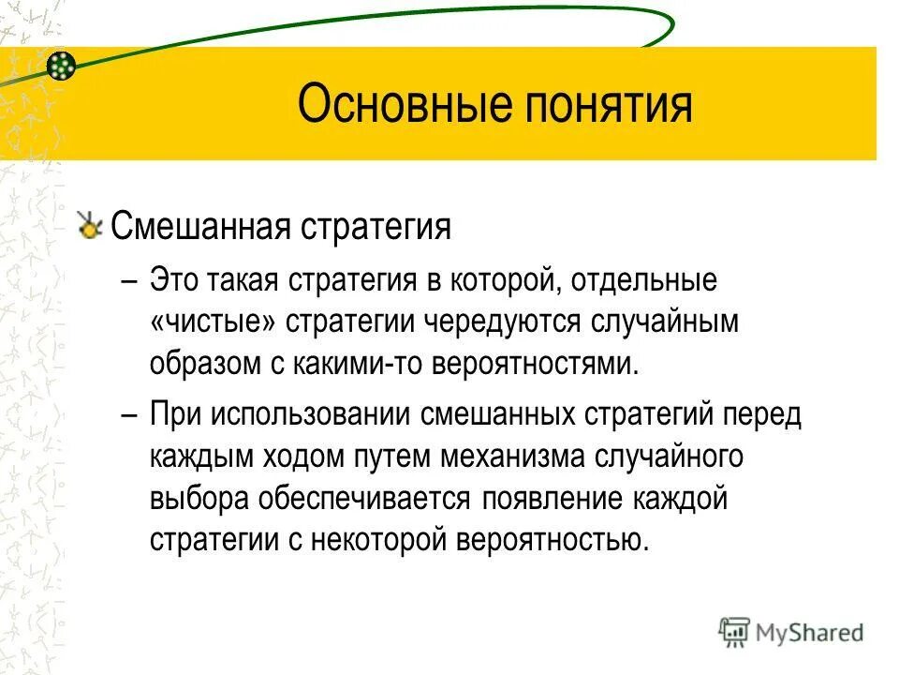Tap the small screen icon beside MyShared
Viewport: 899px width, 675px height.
pos(735,633)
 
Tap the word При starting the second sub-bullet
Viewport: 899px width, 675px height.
pos(175,414)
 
